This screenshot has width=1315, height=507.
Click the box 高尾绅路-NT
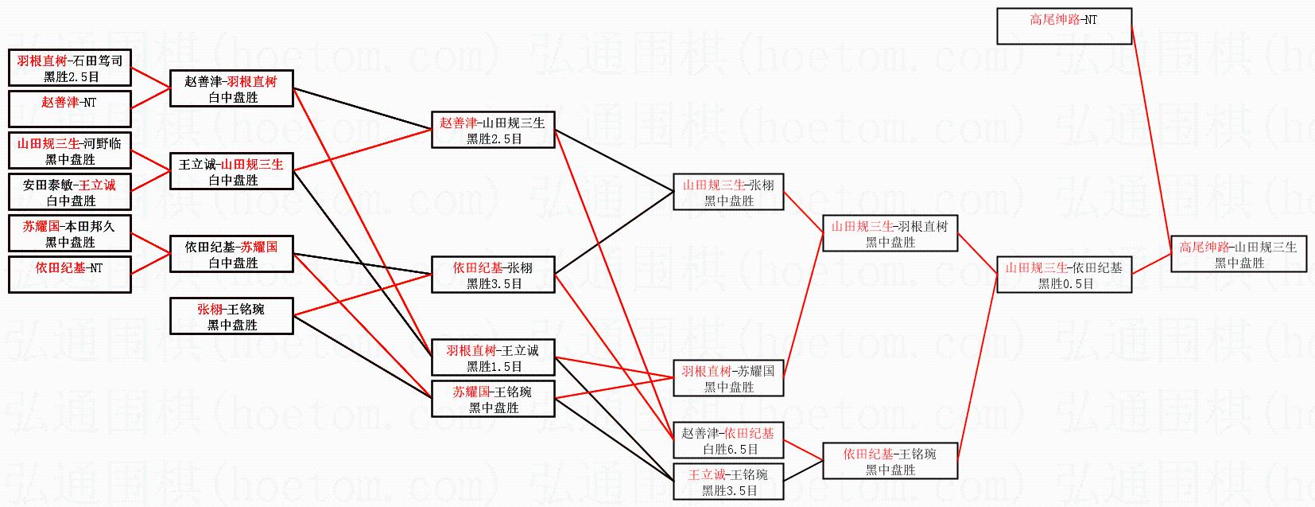[x=1064, y=26]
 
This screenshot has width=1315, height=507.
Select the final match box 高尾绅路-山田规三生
[x=1238, y=255]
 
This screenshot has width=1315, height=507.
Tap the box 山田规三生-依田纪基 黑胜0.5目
[x=1064, y=275]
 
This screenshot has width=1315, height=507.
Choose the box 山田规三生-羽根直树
[x=890, y=234]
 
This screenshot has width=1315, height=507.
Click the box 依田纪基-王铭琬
[x=890, y=462]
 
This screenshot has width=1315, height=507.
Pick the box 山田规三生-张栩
[x=728, y=193]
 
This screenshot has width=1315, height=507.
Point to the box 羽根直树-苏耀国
[x=728, y=379]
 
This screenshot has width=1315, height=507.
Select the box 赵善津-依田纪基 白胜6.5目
[x=728, y=441]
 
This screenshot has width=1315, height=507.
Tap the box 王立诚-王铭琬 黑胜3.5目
[x=728, y=482]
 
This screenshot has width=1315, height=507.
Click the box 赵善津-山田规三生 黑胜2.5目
[x=493, y=130]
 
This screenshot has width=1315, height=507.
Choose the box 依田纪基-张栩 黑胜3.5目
[x=493, y=275]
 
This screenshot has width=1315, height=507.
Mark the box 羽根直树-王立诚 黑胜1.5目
[x=493, y=358]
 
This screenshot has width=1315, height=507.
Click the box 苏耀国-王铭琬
[x=493, y=400]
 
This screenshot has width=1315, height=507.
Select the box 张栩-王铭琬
[x=231, y=317]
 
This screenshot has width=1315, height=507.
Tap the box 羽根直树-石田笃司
[x=70, y=68]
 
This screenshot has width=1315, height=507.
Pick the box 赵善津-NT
[x=70, y=109]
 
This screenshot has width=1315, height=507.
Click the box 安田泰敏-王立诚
[x=70, y=193]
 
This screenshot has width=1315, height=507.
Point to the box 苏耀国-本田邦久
[x=70, y=234]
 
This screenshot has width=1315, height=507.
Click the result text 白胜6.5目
[x=728, y=450]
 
